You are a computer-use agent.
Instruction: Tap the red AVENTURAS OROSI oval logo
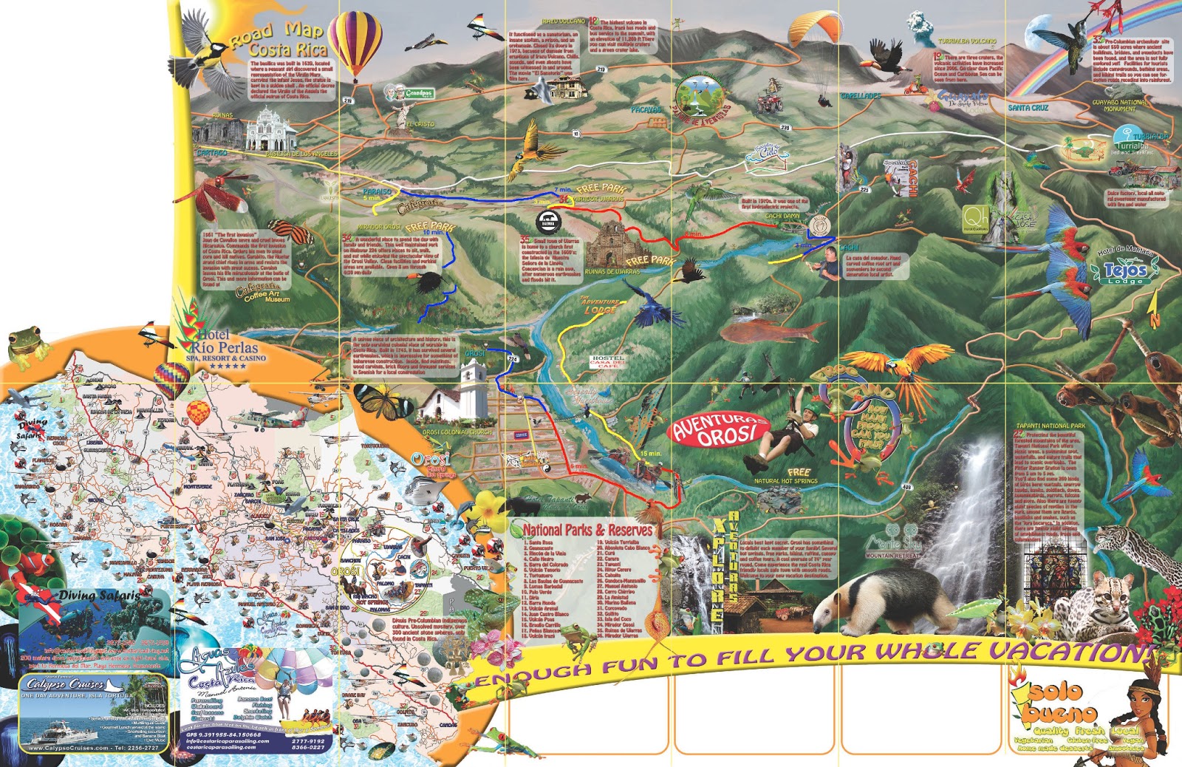pos(718,430)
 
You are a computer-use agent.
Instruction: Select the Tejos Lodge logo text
pos(1124,272)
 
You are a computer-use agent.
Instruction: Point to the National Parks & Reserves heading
pos(587,530)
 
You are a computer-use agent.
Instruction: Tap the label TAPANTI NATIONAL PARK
pos(1051,426)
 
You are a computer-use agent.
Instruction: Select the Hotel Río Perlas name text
pos(225,341)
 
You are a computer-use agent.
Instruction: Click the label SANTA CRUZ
pos(1028,108)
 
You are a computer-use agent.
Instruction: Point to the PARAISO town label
pos(378,191)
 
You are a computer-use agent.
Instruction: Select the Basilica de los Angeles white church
pos(271,130)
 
